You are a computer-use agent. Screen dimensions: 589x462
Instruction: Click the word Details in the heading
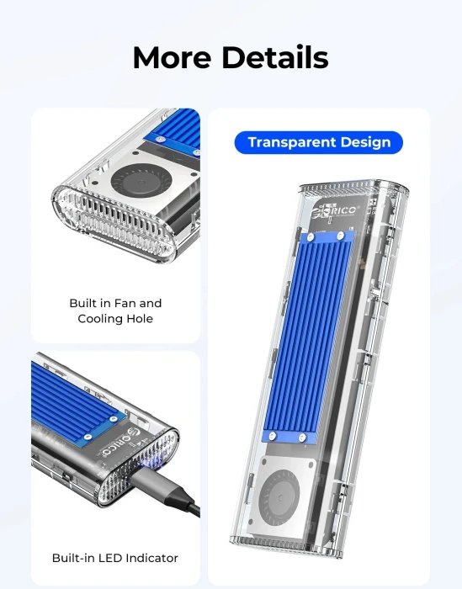pos(273,57)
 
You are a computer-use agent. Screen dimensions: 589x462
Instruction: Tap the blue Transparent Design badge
pos(319,142)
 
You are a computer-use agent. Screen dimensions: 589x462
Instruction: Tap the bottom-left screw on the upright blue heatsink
pos(278,435)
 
